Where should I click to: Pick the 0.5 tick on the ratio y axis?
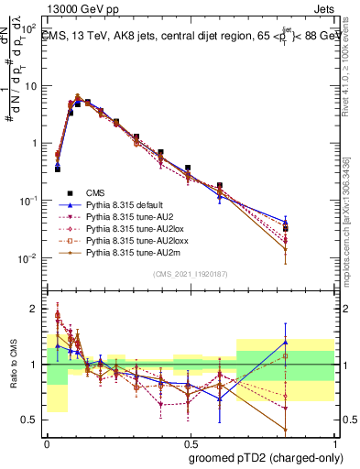(x=32, y=420)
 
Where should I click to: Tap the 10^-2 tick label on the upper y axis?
(x=30, y=258)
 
